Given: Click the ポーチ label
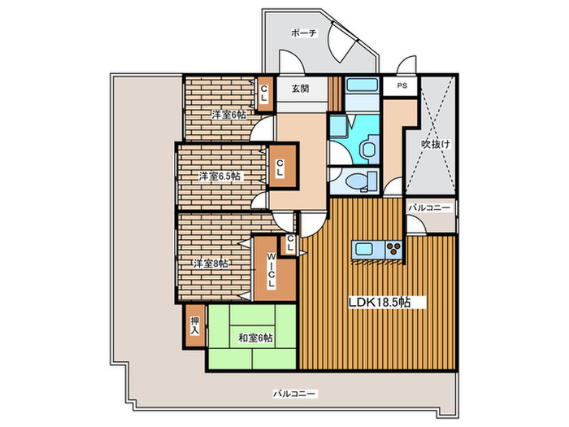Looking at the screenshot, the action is (304, 33).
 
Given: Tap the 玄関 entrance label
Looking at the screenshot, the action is (301, 89).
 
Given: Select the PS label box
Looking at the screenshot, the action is (402, 86).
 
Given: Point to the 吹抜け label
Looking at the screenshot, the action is (436, 144).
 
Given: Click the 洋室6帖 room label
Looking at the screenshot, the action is (229, 115).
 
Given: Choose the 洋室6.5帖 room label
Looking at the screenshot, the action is (219, 176).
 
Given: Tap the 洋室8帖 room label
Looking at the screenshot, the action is (211, 264).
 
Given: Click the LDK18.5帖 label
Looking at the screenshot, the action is (380, 302).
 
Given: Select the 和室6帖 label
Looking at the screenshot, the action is (255, 338).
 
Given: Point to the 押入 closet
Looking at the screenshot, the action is (195, 325).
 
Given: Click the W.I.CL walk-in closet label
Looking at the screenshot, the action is (271, 271).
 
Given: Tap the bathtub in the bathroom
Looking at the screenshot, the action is (362, 85).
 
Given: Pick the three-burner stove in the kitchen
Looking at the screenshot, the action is (393, 250).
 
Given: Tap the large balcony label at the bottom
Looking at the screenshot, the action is (295, 394).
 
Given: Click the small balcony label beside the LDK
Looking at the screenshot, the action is (429, 208).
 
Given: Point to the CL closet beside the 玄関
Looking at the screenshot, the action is (264, 94).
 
